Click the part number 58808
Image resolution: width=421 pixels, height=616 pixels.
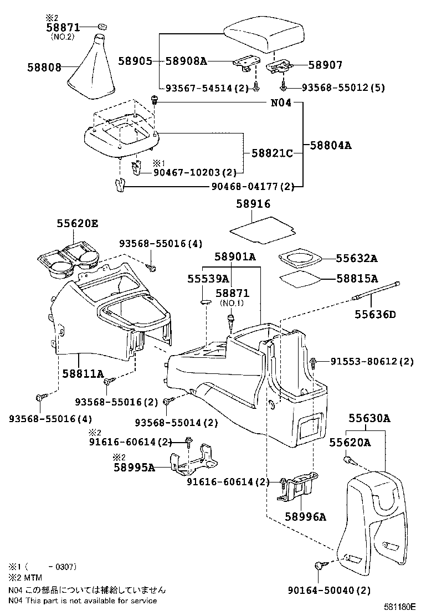click(44, 67)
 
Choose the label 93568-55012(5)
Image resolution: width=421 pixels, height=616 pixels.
click(343, 88)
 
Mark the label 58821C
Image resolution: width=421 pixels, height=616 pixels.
click(272, 152)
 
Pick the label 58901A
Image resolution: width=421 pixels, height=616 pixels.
click(235, 256)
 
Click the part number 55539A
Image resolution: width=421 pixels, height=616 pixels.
click(207, 279)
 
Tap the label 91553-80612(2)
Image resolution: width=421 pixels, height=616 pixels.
click(372, 361)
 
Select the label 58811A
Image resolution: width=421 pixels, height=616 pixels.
click(84, 374)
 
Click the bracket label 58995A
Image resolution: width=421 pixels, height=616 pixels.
click(134, 467)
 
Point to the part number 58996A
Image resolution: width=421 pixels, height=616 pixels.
click(306, 517)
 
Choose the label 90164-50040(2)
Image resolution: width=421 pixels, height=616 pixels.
click(329, 591)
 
